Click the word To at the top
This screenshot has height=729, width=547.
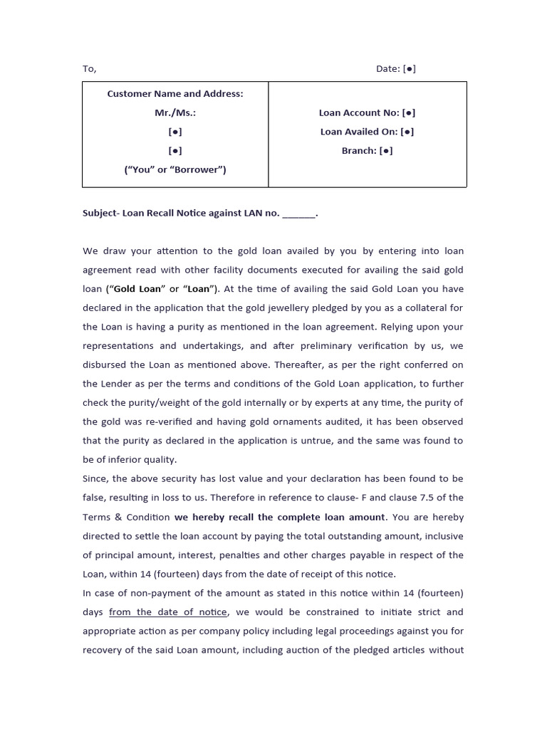tap(88, 69)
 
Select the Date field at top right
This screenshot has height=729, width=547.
tap(396, 69)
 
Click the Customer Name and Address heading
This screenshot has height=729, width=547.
tap(175, 94)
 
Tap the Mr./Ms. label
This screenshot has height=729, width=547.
tap(175, 112)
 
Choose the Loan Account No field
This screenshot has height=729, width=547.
tap(367, 112)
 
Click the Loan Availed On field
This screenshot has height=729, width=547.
tap(367, 132)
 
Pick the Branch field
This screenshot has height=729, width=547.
tap(367, 150)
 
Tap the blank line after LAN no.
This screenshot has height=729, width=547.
tap(298, 214)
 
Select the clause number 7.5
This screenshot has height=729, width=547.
tap(427, 498)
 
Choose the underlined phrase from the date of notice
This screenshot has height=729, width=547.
tap(168, 612)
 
